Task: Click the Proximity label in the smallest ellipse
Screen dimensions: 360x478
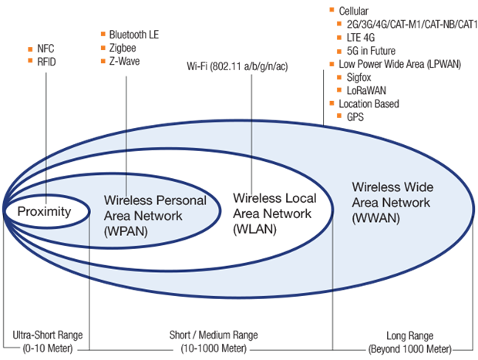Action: (44, 212)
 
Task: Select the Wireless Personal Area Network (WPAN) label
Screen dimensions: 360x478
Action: (154, 214)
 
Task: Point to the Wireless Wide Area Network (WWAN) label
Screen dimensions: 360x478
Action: (392, 202)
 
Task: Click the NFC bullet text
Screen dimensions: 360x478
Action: (45, 48)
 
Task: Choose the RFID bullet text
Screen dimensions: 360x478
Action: (47, 60)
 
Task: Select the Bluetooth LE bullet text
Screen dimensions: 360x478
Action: (134, 35)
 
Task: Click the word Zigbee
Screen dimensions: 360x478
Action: (123, 48)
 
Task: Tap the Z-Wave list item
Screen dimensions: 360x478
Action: (124, 60)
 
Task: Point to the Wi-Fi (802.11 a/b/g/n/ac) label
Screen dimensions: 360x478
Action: (249, 66)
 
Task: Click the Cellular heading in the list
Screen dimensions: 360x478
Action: (353, 11)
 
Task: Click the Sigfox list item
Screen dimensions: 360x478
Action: (360, 77)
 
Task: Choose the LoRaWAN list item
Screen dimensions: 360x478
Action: (365, 89)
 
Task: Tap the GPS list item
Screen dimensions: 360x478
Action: (355, 116)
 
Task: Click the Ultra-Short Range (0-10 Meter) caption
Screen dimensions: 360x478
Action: (48, 341)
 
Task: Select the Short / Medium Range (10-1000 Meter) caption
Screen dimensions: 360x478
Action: (214, 341)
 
